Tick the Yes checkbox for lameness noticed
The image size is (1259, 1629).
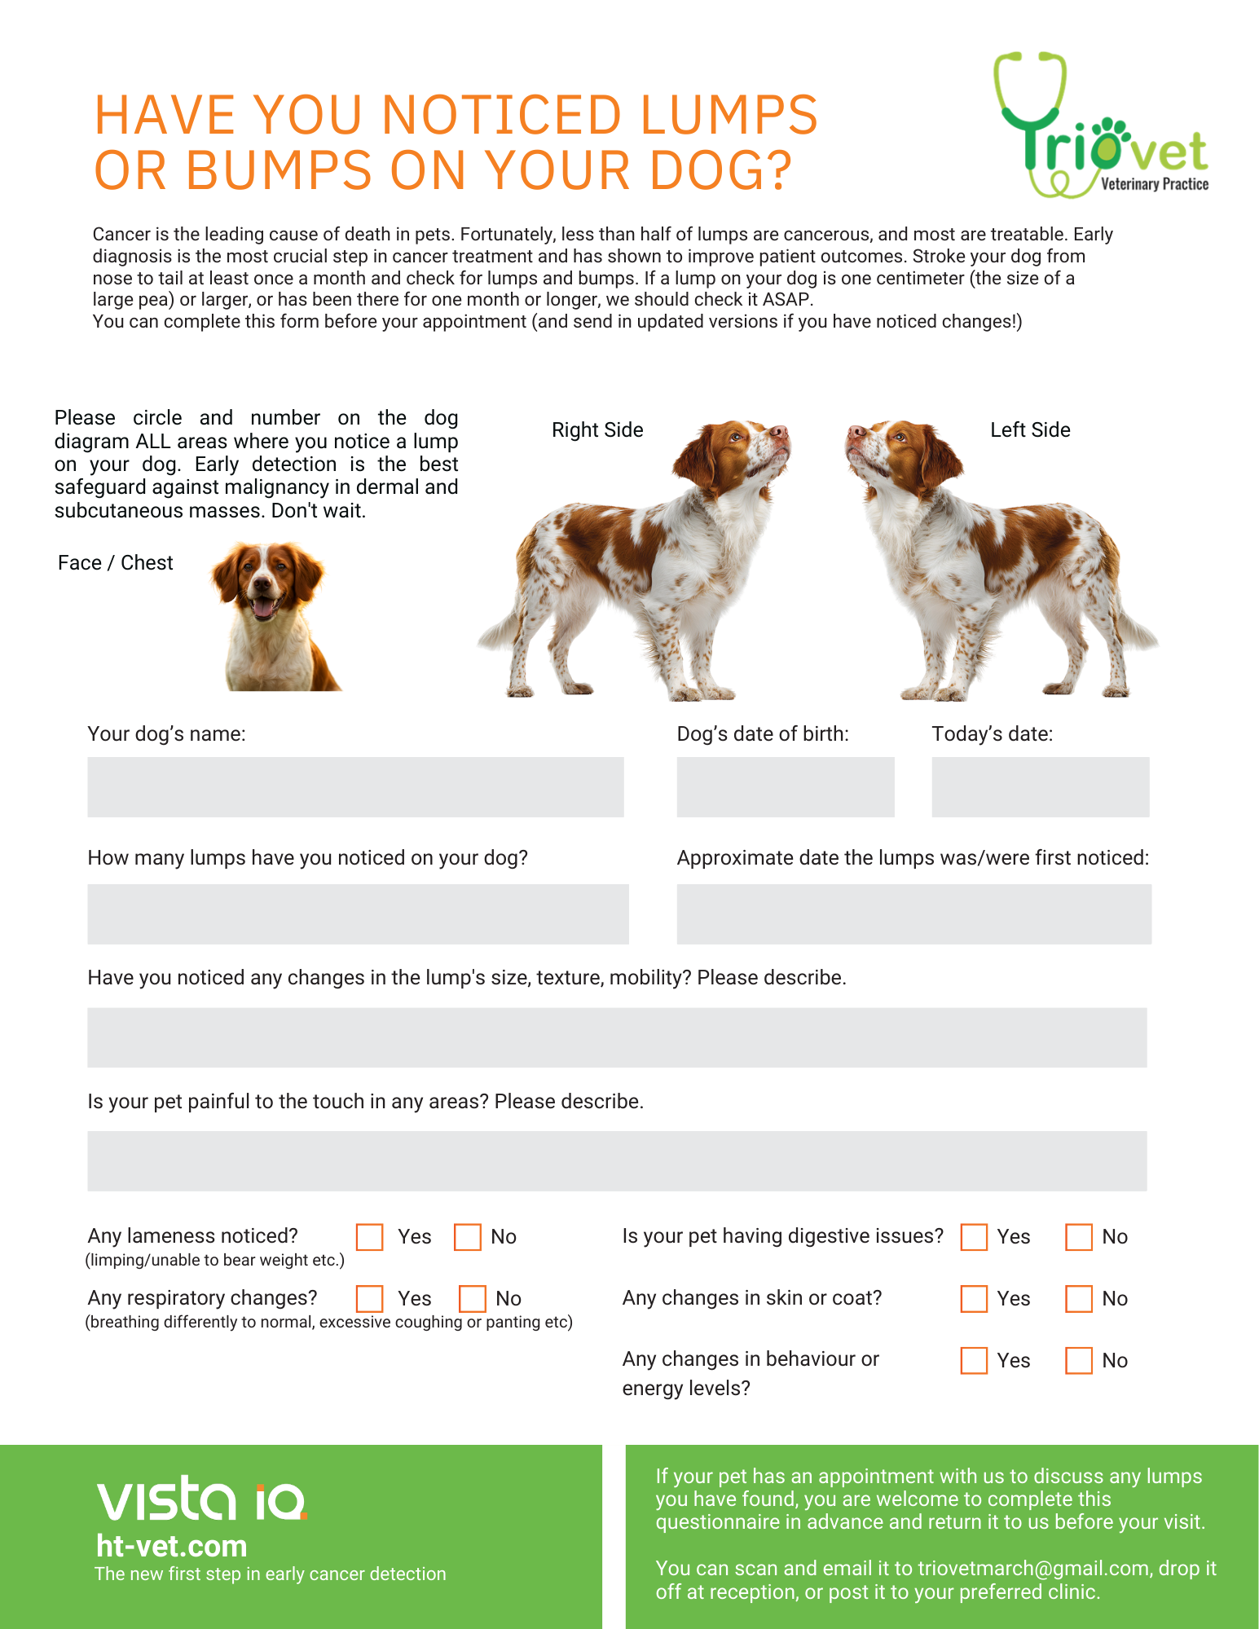[x=370, y=1236]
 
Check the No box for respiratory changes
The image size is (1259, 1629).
[x=472, y=1298]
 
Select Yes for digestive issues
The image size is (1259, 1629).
[x=974, y=1236]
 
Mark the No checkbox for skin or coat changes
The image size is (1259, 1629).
[x=1079, y=1298]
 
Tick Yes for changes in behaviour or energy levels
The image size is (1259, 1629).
[x=974, y=1360]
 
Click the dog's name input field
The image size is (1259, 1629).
[x=355, y=786]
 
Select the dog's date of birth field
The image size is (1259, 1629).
[x=785, y=786]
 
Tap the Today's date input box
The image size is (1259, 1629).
[x=1040, y=786]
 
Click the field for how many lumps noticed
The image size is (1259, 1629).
[x=358, y=914]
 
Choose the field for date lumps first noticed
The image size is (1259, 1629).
[x=913, y=914]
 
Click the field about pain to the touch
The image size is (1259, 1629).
[x=617, y=1160]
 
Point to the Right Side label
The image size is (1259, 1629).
[x=597, y=429]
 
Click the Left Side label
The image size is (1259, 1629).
[x=1030, y=429]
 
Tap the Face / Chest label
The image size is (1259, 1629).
[x=115, y=562]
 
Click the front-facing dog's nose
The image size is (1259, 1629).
[x=262, y=584]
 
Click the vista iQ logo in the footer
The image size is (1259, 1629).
[x=201, y=1499]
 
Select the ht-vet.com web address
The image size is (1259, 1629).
[x=171, y=1546]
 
